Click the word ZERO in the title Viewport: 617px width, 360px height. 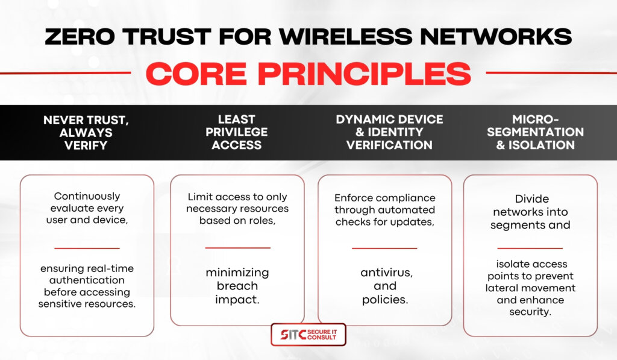pos(80,37)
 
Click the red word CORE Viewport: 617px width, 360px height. pos(196,74)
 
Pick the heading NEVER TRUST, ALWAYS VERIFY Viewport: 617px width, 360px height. pos(86,133)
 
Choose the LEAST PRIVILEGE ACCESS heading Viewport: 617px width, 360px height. pos(236,132)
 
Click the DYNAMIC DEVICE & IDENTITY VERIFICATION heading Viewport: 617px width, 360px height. pos(389,132)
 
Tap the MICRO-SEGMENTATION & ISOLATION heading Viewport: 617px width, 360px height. pos(535,132)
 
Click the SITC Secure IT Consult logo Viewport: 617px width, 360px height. pos(308,335)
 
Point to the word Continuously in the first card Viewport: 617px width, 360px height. pos(87,196)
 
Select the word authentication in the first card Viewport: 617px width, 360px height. pos(87,280)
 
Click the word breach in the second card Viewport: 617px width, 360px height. pos(237,286)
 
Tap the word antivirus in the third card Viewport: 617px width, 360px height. pos(386,273)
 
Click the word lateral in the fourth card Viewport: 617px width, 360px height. pos(501,288)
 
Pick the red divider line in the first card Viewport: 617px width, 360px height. pos(87,248)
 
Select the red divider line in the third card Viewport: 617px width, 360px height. pos(384,248)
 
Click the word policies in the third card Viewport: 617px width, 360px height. pos(385,300)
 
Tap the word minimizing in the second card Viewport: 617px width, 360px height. pos(237,273)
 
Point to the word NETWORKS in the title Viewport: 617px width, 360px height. pos(496,37)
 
